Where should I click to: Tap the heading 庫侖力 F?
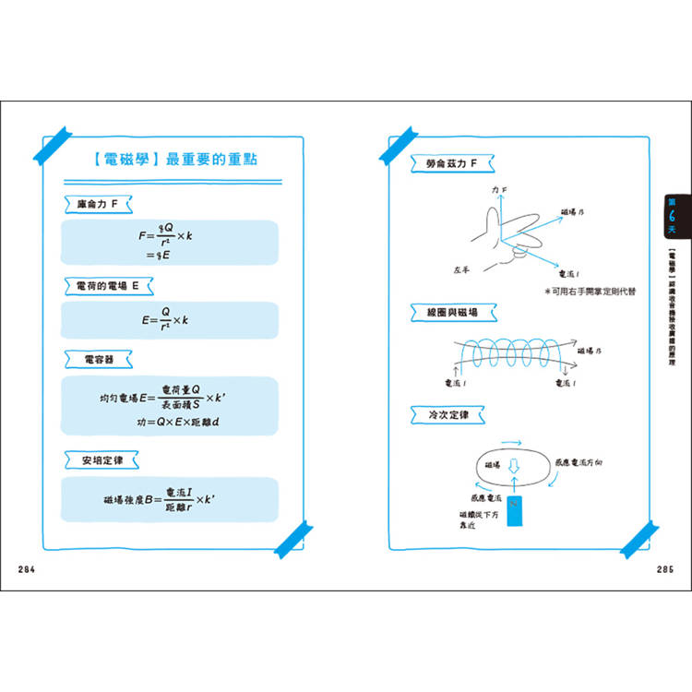104,202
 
